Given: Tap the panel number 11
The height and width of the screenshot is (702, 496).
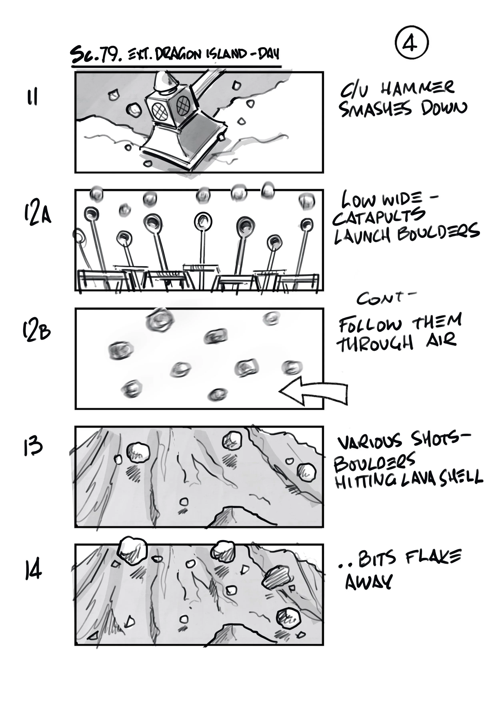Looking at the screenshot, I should click(32, 97).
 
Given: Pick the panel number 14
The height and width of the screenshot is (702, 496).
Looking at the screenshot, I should click(33, 568).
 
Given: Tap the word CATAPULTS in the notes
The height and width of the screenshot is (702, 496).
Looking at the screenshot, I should click(379, 216).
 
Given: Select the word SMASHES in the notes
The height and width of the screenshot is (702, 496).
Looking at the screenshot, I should click(376, 109).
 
